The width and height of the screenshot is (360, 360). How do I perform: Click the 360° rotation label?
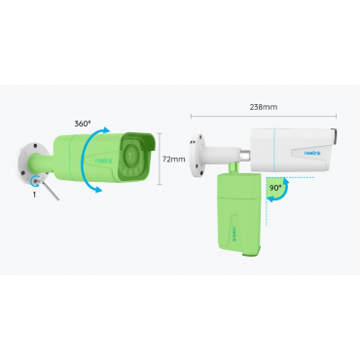[x=83, y=124]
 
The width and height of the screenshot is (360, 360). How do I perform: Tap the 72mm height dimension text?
[x=174, y=160]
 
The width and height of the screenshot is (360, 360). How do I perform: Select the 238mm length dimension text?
[x=264, y=107]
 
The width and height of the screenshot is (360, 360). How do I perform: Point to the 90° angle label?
[x=275, y=188]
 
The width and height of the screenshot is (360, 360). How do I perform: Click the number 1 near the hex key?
[x=34, y=195]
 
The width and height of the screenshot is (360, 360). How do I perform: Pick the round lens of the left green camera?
[x=131, y=153]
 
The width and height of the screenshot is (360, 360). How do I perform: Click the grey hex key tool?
[x=48, y=189]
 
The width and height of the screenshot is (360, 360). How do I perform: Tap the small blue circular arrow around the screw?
[x=34, y=181]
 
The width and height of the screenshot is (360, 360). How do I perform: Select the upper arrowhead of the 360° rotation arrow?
[x=105, y=130]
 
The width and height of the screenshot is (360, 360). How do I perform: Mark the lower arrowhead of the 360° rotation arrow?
[x=98, y=189]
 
